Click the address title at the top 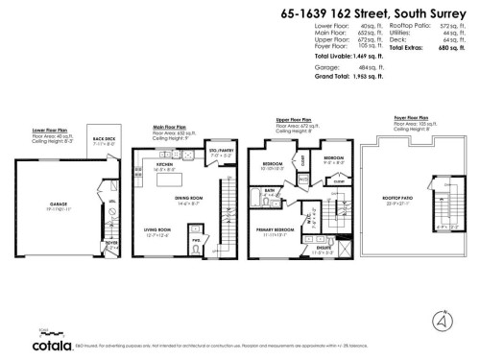pyautogui.click(x=372, y=13)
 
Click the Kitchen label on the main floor pyautogui.click(x=171, y=164)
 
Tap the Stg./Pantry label pyautogui.click(x=223, y=150)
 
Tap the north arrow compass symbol pyautogui.click(x=438, y=316)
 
